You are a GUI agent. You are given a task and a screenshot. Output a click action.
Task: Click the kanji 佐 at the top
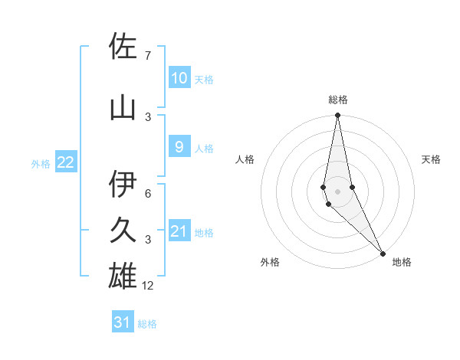[x=123, y=47]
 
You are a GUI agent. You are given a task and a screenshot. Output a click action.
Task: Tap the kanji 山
[x=123, y=109]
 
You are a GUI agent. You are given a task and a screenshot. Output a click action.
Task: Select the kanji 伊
[x=123, y=185]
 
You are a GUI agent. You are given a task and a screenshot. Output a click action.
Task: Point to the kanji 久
[x=123, y=231]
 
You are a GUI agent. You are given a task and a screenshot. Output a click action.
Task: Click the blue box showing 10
[x=179, y=78]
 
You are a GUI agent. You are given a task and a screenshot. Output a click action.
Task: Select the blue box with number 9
[x=179, y=147]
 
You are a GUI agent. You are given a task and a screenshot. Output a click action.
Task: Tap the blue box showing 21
[x=179, y=231]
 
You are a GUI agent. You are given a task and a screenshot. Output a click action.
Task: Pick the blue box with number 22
[x=66, y=162]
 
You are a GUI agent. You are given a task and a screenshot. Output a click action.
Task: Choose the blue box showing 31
[x=123, y=322]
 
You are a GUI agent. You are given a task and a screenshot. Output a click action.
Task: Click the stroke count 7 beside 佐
[x=147, y=56]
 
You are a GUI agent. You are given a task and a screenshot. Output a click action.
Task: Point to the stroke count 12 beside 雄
[x=148, y=286]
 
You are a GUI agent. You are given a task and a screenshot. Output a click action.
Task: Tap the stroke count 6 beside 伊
[x=147, y=194]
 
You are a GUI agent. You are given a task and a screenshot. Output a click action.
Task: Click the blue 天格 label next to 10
[x=204, y=79]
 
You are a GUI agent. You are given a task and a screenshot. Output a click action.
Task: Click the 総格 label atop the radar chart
[x=338, y=100]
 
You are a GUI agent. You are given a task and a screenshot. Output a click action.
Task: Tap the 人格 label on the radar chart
[x=245, y=159]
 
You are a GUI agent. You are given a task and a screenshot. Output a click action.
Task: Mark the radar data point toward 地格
[x=383, y=251]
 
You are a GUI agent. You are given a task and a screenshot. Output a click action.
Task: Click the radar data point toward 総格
[x=337, y=116]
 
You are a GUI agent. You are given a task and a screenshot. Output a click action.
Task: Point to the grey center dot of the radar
[x=337, y=191]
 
